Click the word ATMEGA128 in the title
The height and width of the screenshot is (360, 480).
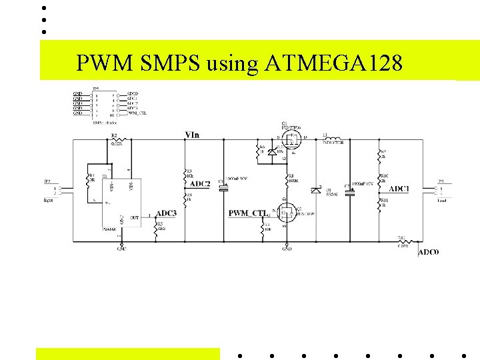333,63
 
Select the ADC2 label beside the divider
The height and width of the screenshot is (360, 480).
200,184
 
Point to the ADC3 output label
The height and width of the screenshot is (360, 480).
166,213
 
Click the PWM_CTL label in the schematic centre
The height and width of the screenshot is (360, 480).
247,213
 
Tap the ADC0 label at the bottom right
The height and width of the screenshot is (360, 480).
428,252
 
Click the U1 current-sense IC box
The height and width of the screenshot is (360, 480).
121,195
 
